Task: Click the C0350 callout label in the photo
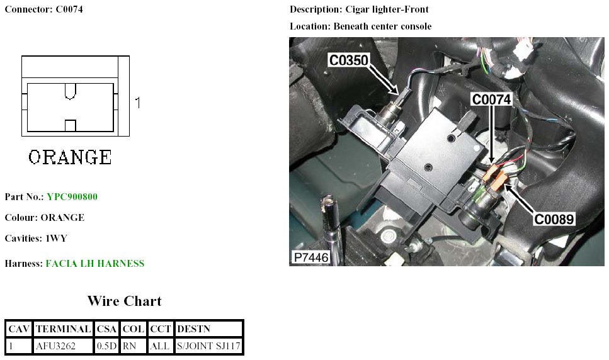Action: [348, 60]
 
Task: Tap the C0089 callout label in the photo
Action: [554, 219]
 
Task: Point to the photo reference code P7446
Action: [310, 257]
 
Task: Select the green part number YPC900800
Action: [72, 197]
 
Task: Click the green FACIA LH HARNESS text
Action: [95, 264]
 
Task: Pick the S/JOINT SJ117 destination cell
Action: [208, 346]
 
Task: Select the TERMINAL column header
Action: [63, 329]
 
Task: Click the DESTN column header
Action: [194, 329]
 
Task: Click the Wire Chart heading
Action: [124, 301]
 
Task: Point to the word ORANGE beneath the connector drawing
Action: [70, 157]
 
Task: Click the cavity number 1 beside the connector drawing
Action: [138, 102]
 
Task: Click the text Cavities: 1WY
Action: [36, 239]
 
